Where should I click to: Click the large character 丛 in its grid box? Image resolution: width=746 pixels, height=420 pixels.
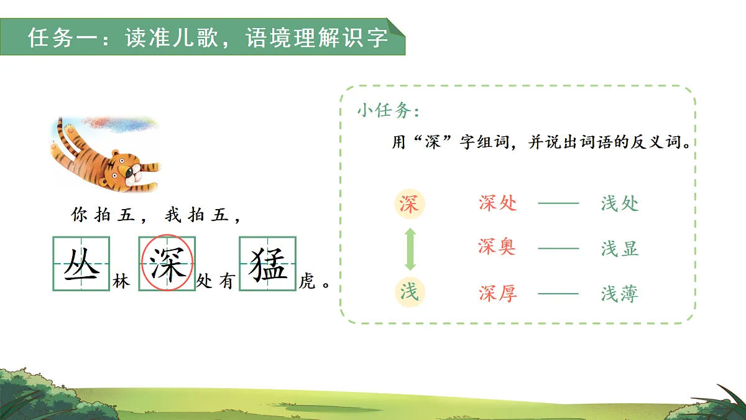(81, 264)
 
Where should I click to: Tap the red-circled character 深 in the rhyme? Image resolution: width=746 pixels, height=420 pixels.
(167, 264)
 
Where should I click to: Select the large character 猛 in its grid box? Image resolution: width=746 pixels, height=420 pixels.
(268, 264)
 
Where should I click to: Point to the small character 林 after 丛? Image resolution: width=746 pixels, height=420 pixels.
(121, 282)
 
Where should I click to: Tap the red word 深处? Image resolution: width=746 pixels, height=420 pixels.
(498, 203)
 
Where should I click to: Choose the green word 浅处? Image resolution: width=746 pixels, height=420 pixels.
(620, 203)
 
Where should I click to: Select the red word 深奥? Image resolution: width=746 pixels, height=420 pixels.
(497, 247)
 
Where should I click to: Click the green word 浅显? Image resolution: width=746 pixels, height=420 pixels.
(620, 248)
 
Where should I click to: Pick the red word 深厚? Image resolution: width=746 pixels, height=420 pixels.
(498, 293)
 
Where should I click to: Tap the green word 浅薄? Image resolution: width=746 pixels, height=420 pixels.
(620, 293)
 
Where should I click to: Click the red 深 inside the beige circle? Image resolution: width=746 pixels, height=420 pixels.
(409, 204)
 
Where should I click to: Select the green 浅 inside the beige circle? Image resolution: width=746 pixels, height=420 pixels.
(409, 291)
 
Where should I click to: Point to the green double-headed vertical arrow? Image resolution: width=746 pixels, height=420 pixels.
(410, 248)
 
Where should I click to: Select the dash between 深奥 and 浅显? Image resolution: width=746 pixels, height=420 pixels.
(558, 248)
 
